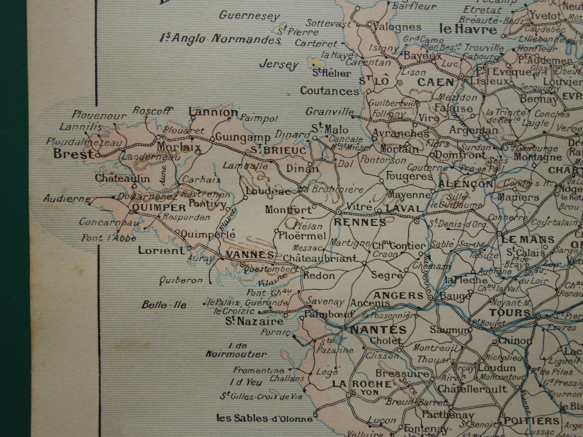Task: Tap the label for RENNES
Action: point(360,223)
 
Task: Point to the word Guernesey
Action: point(250,16)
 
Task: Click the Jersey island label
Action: point(279,65)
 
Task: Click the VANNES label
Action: point(250,255)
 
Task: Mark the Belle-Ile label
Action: point(164,304)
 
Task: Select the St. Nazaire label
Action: point(255,321)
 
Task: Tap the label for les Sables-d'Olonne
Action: point(265,419)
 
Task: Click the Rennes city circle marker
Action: point(339,212)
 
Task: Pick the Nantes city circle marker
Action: point(343,328)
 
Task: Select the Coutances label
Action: point(329,91)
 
